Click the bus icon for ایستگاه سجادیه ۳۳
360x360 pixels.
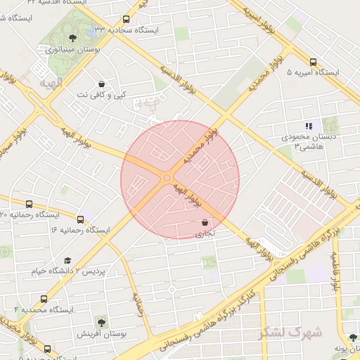[127, 20]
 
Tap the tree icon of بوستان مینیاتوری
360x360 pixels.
[73, 39]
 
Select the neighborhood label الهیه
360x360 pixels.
[51, 84]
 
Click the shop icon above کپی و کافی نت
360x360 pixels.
[103, 83]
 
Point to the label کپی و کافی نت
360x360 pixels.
[103, 94]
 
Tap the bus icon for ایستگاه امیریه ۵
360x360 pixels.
[313, 61]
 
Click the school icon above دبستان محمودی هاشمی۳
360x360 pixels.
[309, 126]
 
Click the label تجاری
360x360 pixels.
[204, 233]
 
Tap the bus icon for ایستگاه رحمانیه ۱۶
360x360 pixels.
[80, 219]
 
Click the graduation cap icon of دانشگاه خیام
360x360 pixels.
[67, 261]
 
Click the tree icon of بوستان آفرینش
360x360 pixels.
[103, 323]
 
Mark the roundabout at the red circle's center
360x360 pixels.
[167, 179]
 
